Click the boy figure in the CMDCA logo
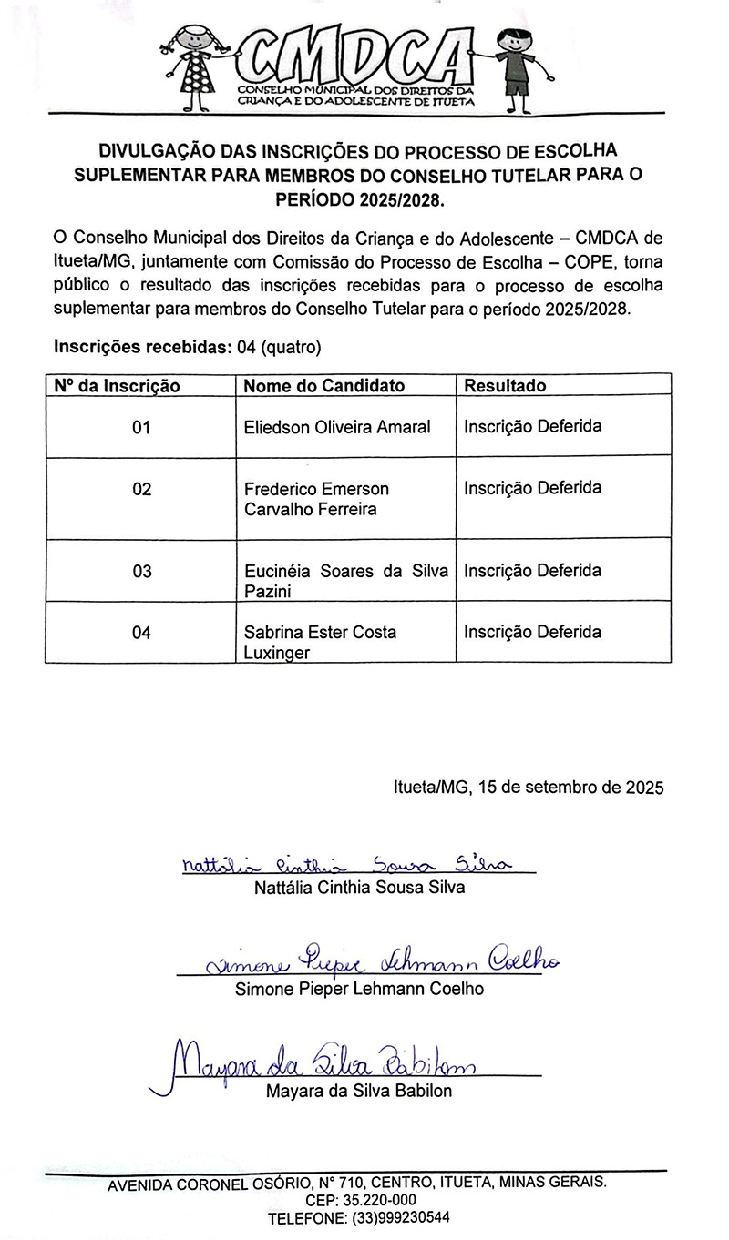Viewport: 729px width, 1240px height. pos(515,68)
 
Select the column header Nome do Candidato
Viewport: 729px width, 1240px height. pos(324,385)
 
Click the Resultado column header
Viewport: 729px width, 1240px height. pos(505,385)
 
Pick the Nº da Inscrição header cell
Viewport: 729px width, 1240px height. pos(117,385)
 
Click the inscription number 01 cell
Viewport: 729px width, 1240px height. pos(141,427)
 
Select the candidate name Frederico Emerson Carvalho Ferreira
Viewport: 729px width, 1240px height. pos(316,499)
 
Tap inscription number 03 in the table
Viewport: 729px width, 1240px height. pos(141,572)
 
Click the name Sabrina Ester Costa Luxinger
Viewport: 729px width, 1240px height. pos(320,642)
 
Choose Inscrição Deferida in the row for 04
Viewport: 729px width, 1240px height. pos(532,632)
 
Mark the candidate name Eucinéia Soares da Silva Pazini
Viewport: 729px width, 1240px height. pos(346,581)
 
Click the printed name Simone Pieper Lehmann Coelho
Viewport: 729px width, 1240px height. pos(359,989)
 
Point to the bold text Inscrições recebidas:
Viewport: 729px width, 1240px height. pos(143,347)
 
